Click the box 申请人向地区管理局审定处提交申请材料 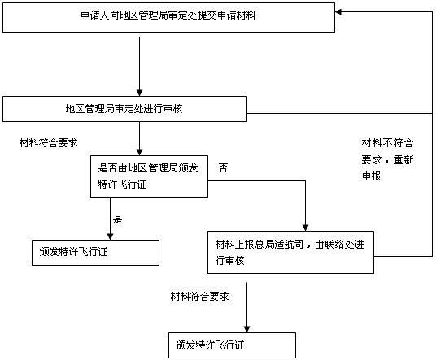(x=168, y=18)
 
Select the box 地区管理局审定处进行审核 (x=124, y=109)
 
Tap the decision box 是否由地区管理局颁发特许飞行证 (x=149, y=176)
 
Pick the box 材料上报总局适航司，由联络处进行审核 (x=290, y=252)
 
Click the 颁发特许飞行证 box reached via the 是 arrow (x=95, y=253)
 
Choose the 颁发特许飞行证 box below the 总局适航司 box (x=232, y=345)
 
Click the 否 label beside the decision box (x=223, y=167)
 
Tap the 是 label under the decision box (x=117, y=219)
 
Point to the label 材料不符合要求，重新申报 (x=387, y=159)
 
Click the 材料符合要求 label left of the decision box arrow (x=48, y=143)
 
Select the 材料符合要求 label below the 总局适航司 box (x=199, y=297)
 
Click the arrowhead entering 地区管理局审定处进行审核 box (x=140, y=93)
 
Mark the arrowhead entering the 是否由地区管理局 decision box (x=140, y=152)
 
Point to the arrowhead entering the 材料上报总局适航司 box (x=305, y=228)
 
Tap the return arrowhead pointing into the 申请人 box (x=338, y=11)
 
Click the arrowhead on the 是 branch (x=110, y=236)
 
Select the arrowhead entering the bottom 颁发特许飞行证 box (x=246, y=329)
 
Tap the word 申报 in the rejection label (x=371, y=176)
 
